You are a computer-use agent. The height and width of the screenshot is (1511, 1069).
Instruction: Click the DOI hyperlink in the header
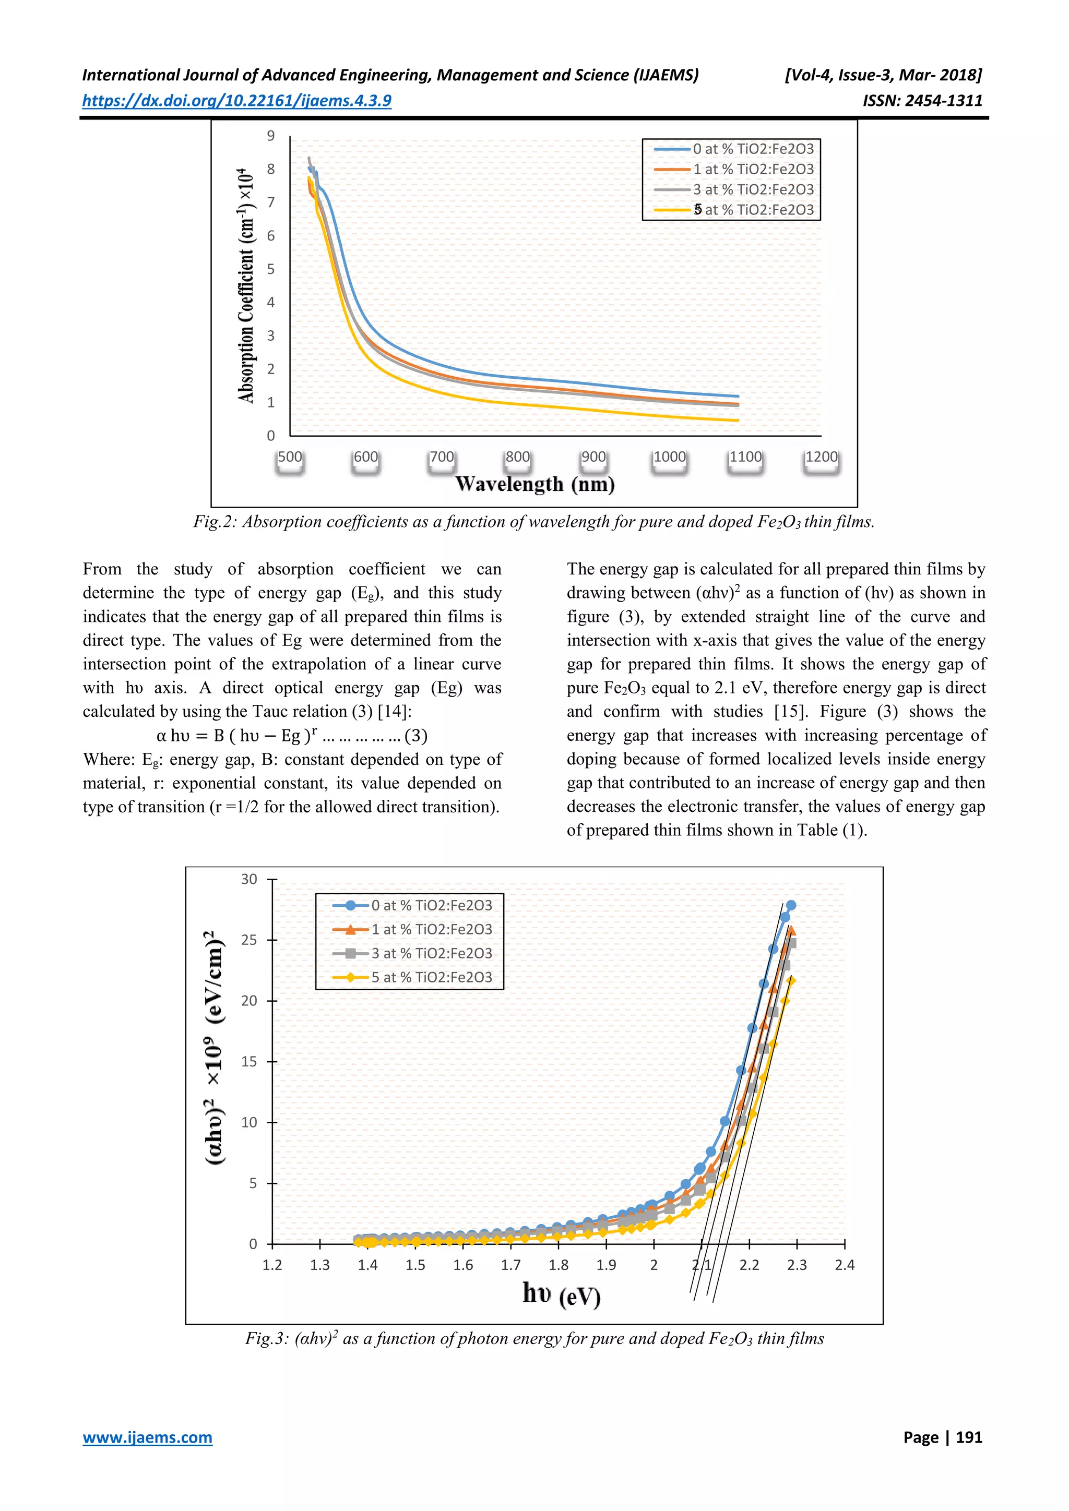coord(236,101)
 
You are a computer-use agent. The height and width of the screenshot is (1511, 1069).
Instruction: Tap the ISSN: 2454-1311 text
coord(922,101)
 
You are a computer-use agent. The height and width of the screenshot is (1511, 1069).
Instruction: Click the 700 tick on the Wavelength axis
coord(442,457)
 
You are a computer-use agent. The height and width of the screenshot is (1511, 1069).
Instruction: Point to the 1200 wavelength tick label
coord(821,457)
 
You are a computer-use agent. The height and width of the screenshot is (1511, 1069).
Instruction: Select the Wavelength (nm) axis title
coord(534,484)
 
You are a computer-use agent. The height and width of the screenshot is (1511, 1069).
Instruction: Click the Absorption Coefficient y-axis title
coord(245,285)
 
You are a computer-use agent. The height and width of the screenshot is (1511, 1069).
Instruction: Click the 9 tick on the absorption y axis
coord(270,136)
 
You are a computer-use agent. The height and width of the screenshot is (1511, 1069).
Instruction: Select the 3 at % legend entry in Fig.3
coord(413,953)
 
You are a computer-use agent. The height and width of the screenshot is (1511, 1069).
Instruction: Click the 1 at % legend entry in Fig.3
coord(413,929)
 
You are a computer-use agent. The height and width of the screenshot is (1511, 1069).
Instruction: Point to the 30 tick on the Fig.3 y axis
coord(249,879)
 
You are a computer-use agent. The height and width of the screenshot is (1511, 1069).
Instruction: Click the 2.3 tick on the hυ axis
coord(797,1265)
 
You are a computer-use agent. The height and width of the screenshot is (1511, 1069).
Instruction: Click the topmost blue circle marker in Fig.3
coord(791,906)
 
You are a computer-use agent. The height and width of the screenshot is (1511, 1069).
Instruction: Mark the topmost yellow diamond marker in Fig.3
coord(791,980)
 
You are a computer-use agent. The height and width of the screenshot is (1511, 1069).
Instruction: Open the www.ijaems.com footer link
coord(147,1437)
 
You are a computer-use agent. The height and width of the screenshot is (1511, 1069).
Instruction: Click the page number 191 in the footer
coord(968,1437)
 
